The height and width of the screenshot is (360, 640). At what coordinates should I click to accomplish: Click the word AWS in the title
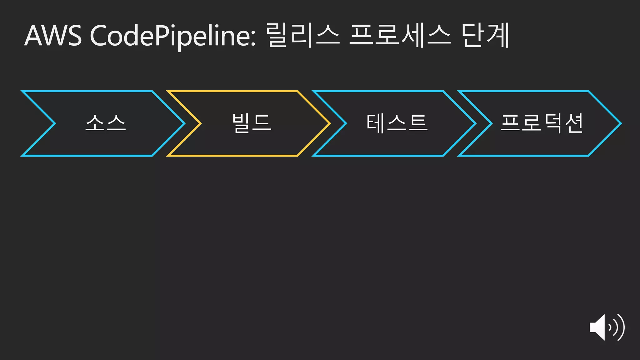pos(53,36)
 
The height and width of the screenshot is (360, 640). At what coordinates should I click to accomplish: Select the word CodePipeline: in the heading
pos(173,36)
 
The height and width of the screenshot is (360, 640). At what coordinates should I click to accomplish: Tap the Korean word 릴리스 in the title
pos(303,35)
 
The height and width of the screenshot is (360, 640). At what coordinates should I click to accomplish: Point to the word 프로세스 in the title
pos(400,35)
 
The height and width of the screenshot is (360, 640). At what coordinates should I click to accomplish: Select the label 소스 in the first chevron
pos(106,123)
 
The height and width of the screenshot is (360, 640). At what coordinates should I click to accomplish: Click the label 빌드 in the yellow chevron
pos(252,123)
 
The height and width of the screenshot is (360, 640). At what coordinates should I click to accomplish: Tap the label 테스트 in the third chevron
pos(397,123)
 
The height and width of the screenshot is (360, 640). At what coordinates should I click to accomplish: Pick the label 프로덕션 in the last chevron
pos(542,123)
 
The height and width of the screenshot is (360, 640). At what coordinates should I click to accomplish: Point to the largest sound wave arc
pos(622,327)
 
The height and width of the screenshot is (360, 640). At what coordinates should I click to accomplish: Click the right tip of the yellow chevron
pos(329,123)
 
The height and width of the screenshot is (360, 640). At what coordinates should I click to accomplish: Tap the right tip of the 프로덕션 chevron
pos(620,123)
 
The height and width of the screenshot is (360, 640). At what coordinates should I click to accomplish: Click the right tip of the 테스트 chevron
pos(475,123)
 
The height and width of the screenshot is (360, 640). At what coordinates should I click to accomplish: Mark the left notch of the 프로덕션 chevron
pos(491,123)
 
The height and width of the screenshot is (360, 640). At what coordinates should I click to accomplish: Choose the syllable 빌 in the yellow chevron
pos(241,123)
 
